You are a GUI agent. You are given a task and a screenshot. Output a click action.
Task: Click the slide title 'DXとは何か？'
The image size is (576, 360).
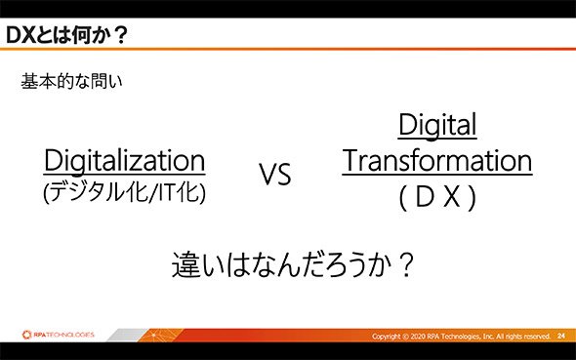[x=66, y=35]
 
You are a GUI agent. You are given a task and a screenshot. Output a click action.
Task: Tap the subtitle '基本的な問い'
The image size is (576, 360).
[x=71, y=81]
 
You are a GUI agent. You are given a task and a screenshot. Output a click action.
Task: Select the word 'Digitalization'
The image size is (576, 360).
[x=124, y=161]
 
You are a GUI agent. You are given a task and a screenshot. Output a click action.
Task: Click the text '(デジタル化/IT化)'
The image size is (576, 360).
[x=124, y=192]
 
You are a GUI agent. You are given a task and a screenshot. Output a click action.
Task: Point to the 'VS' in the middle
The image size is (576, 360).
[x=275, y=174]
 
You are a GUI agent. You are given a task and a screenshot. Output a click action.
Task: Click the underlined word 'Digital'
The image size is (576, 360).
[x=437, y=125]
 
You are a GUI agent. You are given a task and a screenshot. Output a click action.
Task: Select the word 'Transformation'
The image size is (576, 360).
[x=437, y=161]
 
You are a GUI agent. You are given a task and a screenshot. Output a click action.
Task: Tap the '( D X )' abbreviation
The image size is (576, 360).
[x=437, y=197]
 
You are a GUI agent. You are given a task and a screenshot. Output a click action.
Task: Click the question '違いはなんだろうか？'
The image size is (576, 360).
[x=293, y=264]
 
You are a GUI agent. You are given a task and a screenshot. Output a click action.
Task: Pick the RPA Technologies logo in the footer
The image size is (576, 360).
[x=59, y=335]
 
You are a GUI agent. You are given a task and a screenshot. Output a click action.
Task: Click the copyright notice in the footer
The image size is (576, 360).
[x=461, y=337]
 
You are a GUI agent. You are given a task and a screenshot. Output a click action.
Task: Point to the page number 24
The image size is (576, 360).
[x=561, y=336]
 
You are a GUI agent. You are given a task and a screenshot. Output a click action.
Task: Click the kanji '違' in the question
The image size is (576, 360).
[x=185, y=264]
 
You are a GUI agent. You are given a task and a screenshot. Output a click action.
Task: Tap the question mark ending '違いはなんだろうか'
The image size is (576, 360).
[x=406, y=264]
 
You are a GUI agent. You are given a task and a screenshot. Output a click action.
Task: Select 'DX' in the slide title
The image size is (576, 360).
[x=21, y=35]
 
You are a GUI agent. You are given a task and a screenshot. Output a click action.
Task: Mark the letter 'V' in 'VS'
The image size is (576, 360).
[x=267, y=174]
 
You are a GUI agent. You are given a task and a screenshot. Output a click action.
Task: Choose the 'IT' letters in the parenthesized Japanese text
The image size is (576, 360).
[x=166, y=192]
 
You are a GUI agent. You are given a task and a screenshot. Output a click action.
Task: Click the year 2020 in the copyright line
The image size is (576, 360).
[x=418, y=337]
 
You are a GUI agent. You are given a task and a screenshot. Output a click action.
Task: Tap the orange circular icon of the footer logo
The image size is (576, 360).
[x=26, y=335]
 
